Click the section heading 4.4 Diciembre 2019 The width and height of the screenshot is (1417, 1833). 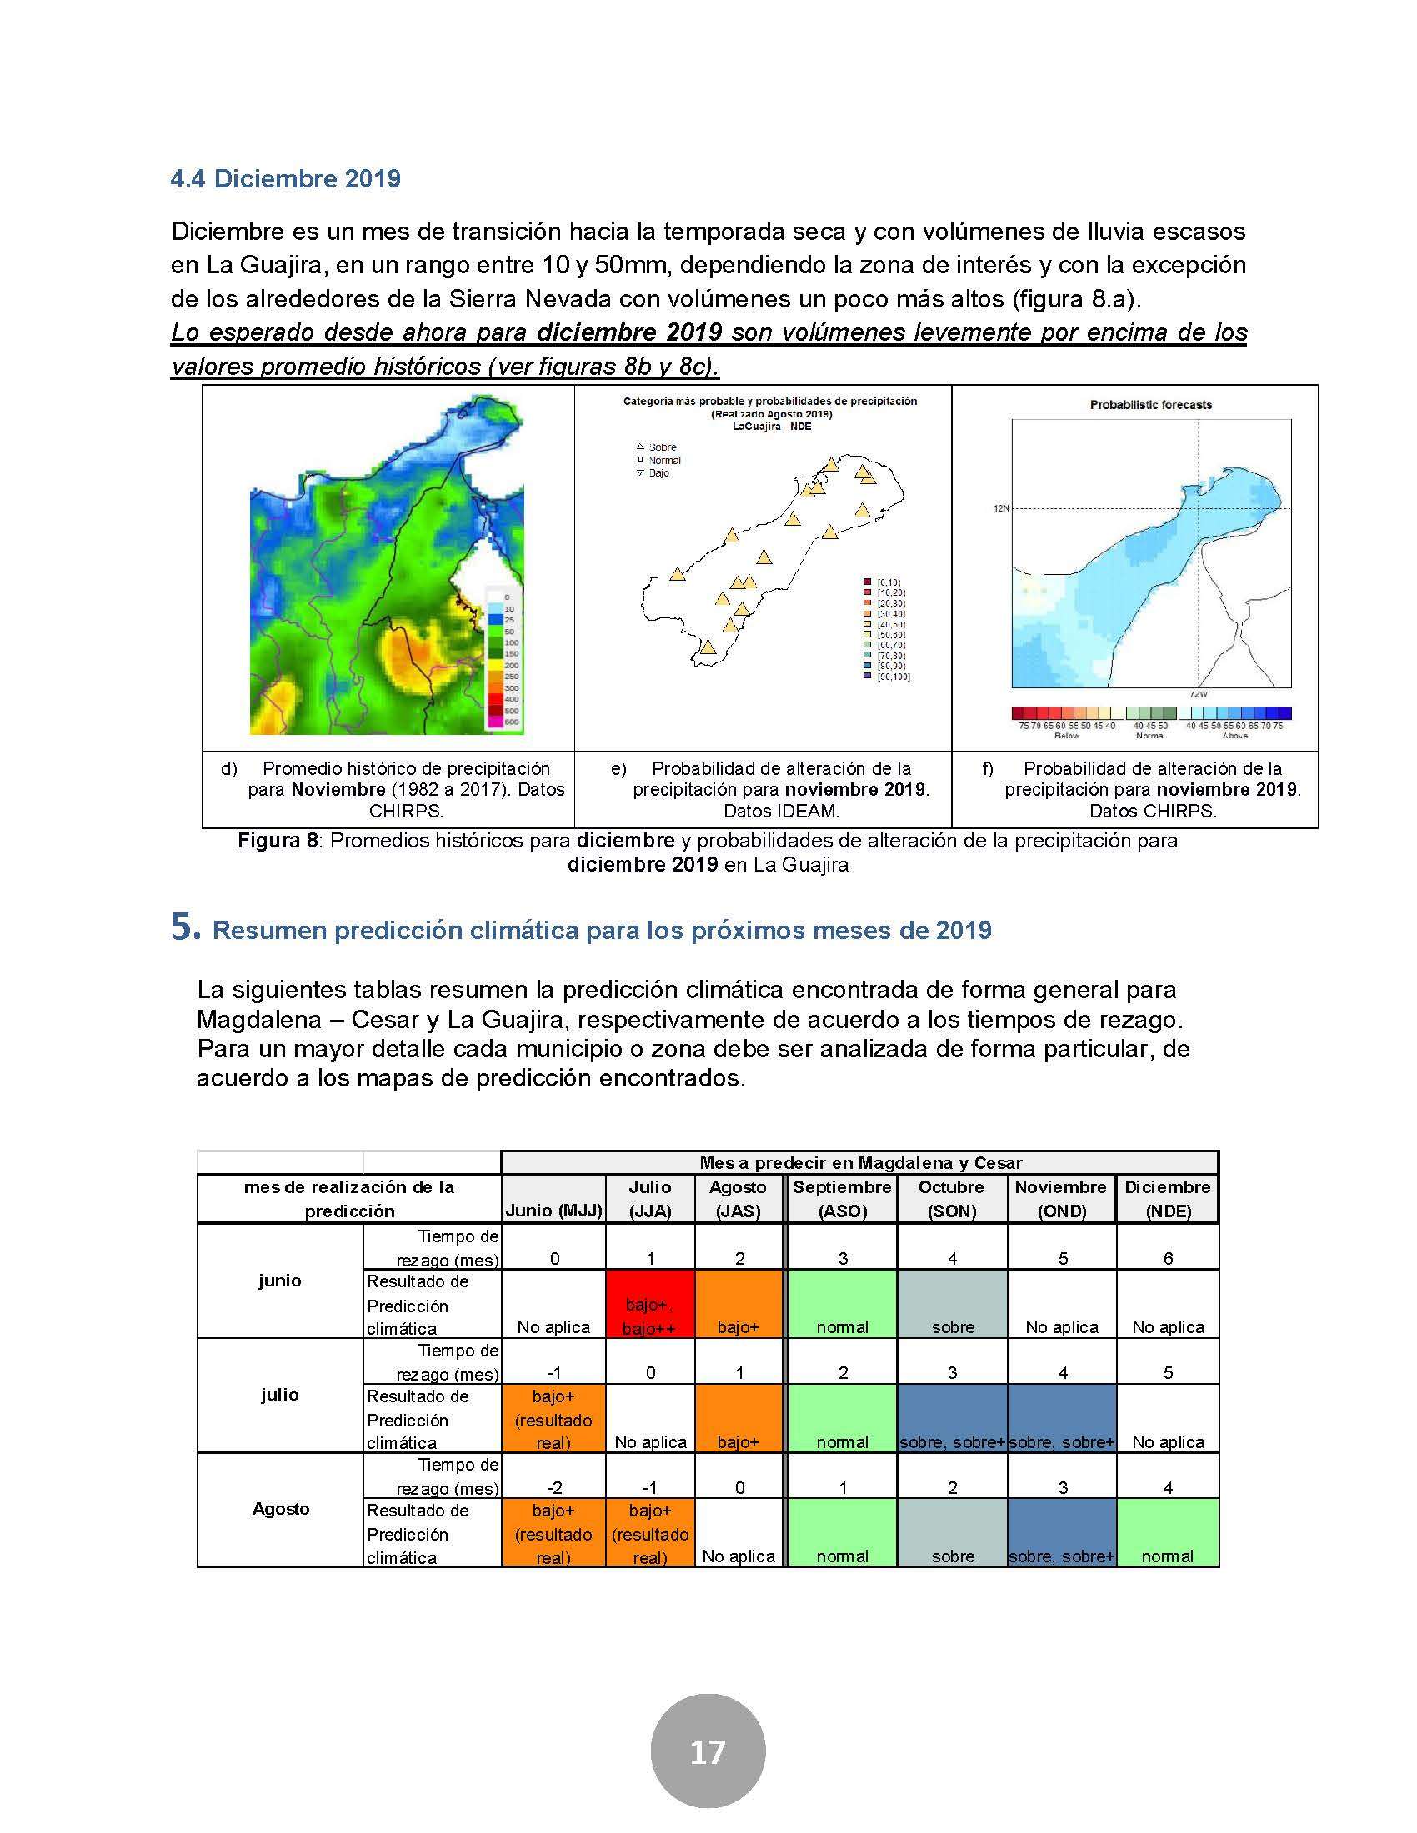285,179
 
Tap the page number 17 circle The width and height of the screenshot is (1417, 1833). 708,1751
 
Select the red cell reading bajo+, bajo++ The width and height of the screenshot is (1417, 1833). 650,1315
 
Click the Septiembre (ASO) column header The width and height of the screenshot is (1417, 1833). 842,1198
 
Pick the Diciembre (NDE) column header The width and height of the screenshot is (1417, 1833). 1167,1198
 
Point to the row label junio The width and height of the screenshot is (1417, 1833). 279,1281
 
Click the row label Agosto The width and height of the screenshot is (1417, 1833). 280,1509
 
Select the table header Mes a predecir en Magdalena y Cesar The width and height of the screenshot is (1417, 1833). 860,1162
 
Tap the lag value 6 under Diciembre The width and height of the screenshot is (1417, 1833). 1168,1258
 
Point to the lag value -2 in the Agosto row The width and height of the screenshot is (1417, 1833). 554,1487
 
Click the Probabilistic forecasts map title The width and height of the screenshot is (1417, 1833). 1150,405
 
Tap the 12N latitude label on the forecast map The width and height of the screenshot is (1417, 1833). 1000,507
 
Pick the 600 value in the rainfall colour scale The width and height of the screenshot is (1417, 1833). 511,722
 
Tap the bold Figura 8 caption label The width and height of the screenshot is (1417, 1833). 277,840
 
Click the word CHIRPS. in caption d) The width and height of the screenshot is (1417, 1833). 406,811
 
